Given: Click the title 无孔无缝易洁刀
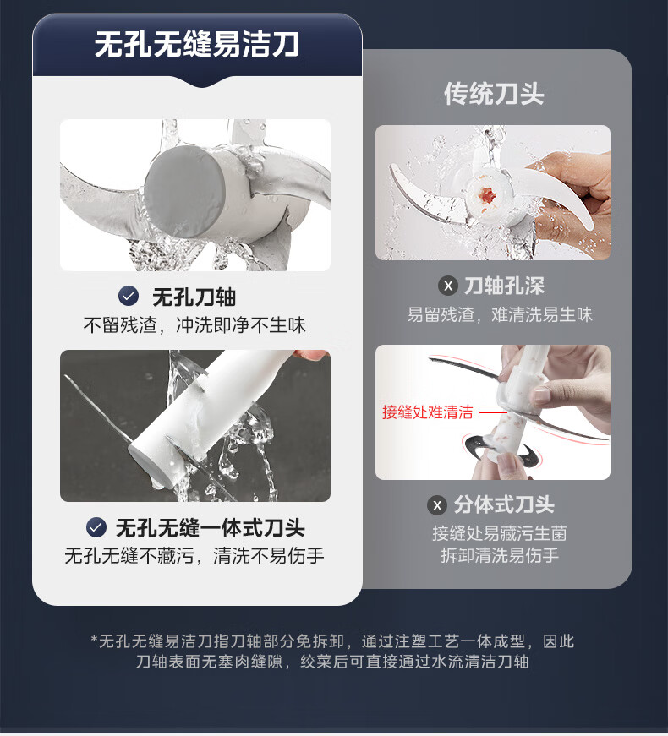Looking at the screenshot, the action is click(x=197, y=45).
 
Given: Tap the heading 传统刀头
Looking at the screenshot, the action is click(x=494, y=94).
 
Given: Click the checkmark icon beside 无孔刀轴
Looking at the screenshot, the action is click(x=129, y=296).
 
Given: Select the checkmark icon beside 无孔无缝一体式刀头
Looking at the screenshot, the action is click(x=96, y=527).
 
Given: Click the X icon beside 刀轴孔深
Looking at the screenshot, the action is click(x=448, y=286).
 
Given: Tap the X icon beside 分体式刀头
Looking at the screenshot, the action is click(x=437, y=505).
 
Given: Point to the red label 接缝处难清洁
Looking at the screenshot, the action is click(x=428, y=412).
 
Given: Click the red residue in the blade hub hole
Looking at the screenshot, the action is click(x=487, y=194).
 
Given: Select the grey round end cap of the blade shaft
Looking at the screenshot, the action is click(x=184, y=192).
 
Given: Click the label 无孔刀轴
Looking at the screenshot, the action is click(x=194, y=297).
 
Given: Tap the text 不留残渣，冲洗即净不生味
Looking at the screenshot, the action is click(x=194, y=324).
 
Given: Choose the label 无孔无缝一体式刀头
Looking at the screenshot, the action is click(x=210, y=527).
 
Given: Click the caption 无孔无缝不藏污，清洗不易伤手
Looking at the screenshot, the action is click(x=194, y=555).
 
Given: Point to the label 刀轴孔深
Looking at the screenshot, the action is click(x=504, y=286).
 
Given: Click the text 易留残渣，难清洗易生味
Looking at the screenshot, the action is click(x=500, y=314).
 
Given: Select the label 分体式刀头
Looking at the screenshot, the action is click(x=504, y=505).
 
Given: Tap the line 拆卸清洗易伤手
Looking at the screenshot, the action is click(x=500, y=555).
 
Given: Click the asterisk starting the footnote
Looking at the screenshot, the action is click(x=94, y=640).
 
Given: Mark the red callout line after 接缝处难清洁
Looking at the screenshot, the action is click(x=493, y=412).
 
